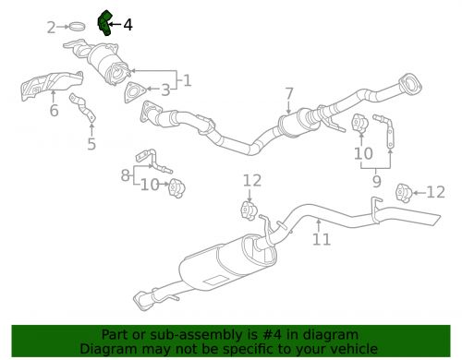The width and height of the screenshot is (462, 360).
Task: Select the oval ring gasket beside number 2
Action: (x=79, y=28)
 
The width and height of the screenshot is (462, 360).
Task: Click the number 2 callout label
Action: (x=51, y=28)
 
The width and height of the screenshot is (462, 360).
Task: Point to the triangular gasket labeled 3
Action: (x=135, y=91)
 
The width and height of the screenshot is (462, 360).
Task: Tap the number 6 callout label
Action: (x=54, y=112)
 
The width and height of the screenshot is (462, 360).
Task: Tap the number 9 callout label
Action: (x=376, y=183)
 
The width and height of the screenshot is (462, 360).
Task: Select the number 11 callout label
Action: (x=321, y=240)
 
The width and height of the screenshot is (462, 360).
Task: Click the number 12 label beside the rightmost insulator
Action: (x=435, y=192)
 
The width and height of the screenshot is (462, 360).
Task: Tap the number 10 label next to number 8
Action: (x=147, y=185)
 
